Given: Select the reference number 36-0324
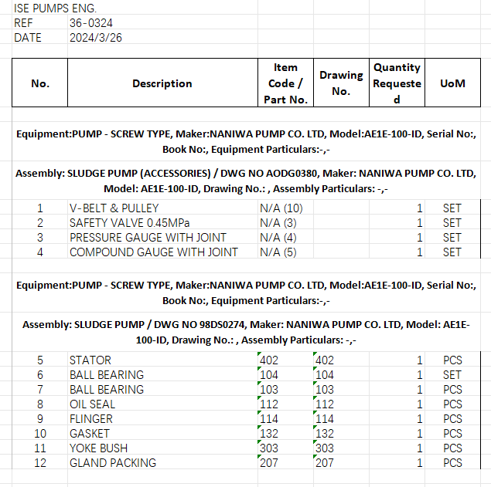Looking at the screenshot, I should [90, 22].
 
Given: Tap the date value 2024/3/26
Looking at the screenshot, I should [96, 37].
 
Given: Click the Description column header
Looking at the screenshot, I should [162, 83].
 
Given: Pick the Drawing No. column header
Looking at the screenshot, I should [341, 83].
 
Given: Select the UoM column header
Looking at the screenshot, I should [452, 83].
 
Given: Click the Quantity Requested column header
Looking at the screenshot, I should [397, 83].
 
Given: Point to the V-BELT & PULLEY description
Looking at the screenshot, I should [114, 208].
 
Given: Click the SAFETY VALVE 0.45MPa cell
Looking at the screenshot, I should [129, 222].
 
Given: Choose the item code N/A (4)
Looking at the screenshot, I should [278, 237].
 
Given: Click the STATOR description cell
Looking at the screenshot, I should [90, 360].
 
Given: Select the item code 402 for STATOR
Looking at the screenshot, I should [269, 360].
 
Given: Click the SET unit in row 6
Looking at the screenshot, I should [452, 374].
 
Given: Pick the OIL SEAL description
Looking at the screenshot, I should [93, 404].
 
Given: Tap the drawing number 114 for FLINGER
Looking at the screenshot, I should [325, 418].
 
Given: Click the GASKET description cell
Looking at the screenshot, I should [90, 433].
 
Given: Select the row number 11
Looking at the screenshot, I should [41, 448].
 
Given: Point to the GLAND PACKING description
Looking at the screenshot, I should [113, 462].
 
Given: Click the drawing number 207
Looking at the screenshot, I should [325, 462].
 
